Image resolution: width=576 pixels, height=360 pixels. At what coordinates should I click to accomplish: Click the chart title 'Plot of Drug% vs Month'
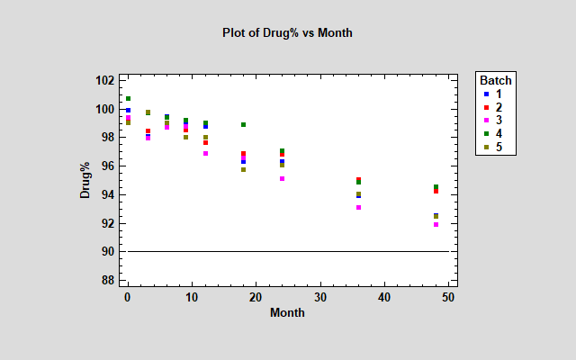[287, 32]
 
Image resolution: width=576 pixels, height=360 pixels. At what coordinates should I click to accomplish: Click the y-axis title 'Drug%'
[85, 180]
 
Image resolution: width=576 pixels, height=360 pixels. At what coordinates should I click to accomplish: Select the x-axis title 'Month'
[287, 313]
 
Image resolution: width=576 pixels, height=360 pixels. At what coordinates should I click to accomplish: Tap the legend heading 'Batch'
[496, 79]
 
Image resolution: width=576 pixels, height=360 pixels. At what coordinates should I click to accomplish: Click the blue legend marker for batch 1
[486, 94]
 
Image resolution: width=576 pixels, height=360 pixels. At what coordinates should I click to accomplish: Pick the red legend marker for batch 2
[486, 107]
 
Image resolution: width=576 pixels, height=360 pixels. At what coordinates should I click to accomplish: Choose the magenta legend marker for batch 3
[486, 121]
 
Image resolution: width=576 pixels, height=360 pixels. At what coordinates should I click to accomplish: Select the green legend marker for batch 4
[486, 134]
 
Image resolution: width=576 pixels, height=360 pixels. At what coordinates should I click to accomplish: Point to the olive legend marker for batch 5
[486, 148]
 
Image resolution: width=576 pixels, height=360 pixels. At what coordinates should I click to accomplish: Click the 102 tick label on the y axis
[104, 80]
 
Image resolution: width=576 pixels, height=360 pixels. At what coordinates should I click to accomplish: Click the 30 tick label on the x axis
[320, 297]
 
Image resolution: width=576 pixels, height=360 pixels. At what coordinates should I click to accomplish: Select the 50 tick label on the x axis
[448, 297]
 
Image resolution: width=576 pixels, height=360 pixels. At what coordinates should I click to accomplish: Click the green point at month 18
[243, 125]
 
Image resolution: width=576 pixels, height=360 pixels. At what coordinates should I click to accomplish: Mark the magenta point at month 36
[358, 208]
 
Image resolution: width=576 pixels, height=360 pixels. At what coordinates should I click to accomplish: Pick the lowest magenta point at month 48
[436, 224]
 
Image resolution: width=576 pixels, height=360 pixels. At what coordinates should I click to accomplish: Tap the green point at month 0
[128, 98]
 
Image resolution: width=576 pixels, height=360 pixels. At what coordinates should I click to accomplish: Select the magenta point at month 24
[282, 179]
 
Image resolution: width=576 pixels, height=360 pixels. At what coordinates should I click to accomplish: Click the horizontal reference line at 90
[288, 251]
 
